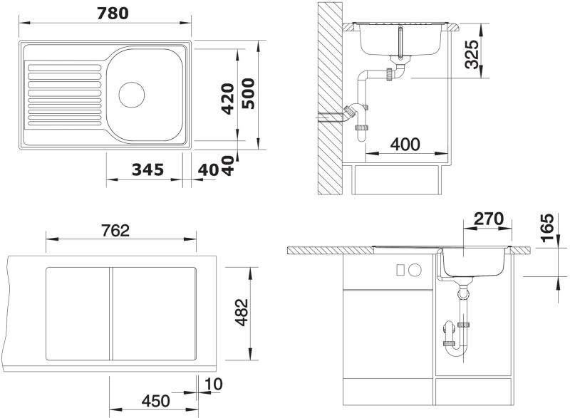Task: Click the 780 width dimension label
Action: (x=113, y=14)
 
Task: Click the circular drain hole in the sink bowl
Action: (x=132, y=95)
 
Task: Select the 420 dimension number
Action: (x=228, y=99)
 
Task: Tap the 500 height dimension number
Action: (x=249, y=94)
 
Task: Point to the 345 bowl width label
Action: (x=147, y=169)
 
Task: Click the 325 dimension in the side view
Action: (x=473, y=54)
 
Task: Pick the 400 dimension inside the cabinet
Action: (x=405, y=144)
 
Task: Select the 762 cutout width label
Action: (x=115, y=230)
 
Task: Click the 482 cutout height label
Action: (x=242, y=313)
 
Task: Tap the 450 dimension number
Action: (x=155, y=401)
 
